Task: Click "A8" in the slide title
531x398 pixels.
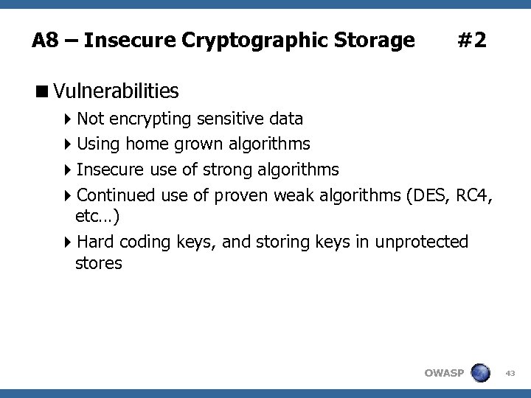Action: point(45,40)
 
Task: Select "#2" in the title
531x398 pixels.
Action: point(471,40)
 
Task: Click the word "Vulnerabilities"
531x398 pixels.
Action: point(116,91)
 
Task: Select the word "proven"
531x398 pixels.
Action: point(241,195)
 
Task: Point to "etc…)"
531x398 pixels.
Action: point(98,217)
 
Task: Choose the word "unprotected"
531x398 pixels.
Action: point(421,242)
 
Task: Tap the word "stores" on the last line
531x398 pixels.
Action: point(99,263)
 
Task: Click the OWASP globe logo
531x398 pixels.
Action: point(481,372)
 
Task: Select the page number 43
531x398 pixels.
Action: point(510,373)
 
